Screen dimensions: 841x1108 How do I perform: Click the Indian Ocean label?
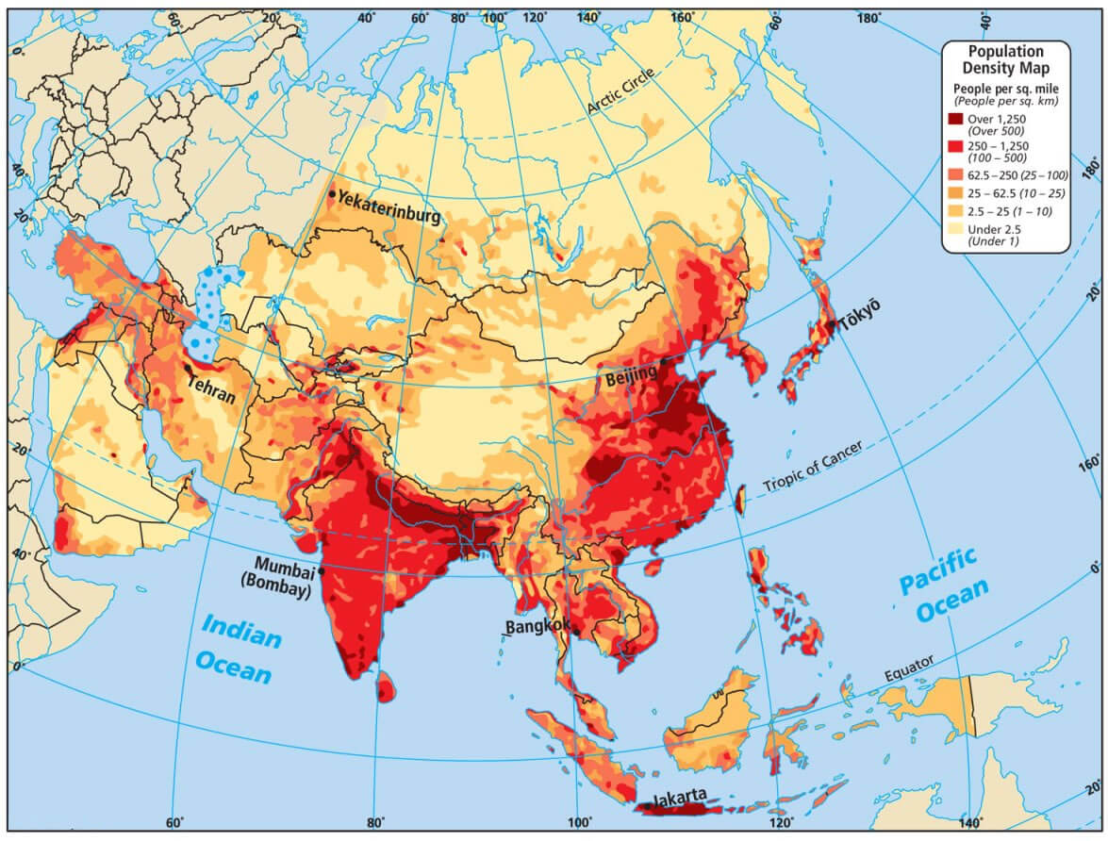(238, 652)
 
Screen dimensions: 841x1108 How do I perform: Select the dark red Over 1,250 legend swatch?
(956, 120)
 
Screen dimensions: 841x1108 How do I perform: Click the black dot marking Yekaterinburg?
(331, 194)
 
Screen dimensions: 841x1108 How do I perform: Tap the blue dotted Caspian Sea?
(209, 306)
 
